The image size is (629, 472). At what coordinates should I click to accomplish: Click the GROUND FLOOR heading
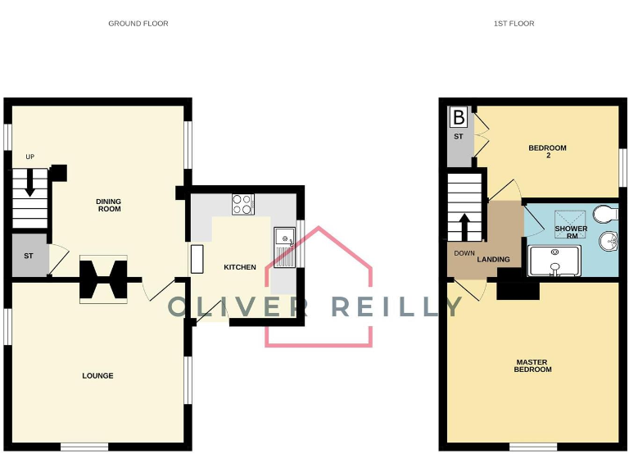pos(138,24)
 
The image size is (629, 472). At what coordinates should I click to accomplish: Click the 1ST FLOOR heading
pos(514,24)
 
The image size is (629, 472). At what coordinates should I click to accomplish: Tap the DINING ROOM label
pos(108,205)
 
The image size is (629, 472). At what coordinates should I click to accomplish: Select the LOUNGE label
pos(97,376)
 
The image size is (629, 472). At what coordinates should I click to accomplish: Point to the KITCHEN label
pos(240,267)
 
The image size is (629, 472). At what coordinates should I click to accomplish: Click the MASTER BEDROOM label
pos(532,365)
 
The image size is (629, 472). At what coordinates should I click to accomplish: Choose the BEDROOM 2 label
pos(547,152)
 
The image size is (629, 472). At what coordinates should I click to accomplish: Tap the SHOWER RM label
pos(571,232)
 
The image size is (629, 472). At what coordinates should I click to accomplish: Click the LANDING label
pos(494,260)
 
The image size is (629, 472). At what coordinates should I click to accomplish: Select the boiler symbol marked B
pos(459,118)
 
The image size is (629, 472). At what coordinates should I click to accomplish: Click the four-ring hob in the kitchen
pos(243,204)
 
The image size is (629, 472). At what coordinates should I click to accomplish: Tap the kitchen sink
pos(285,247)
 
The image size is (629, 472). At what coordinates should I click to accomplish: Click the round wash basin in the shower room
pos(609,242)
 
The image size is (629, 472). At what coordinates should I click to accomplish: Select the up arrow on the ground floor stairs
pos(30,183)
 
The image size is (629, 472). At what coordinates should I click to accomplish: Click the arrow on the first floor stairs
pos(465,226)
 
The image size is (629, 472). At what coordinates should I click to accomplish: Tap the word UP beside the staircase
pos(30,157)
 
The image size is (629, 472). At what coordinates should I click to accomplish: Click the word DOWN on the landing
pos(465,253)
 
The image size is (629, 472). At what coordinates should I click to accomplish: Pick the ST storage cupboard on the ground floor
pos(29,256)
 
